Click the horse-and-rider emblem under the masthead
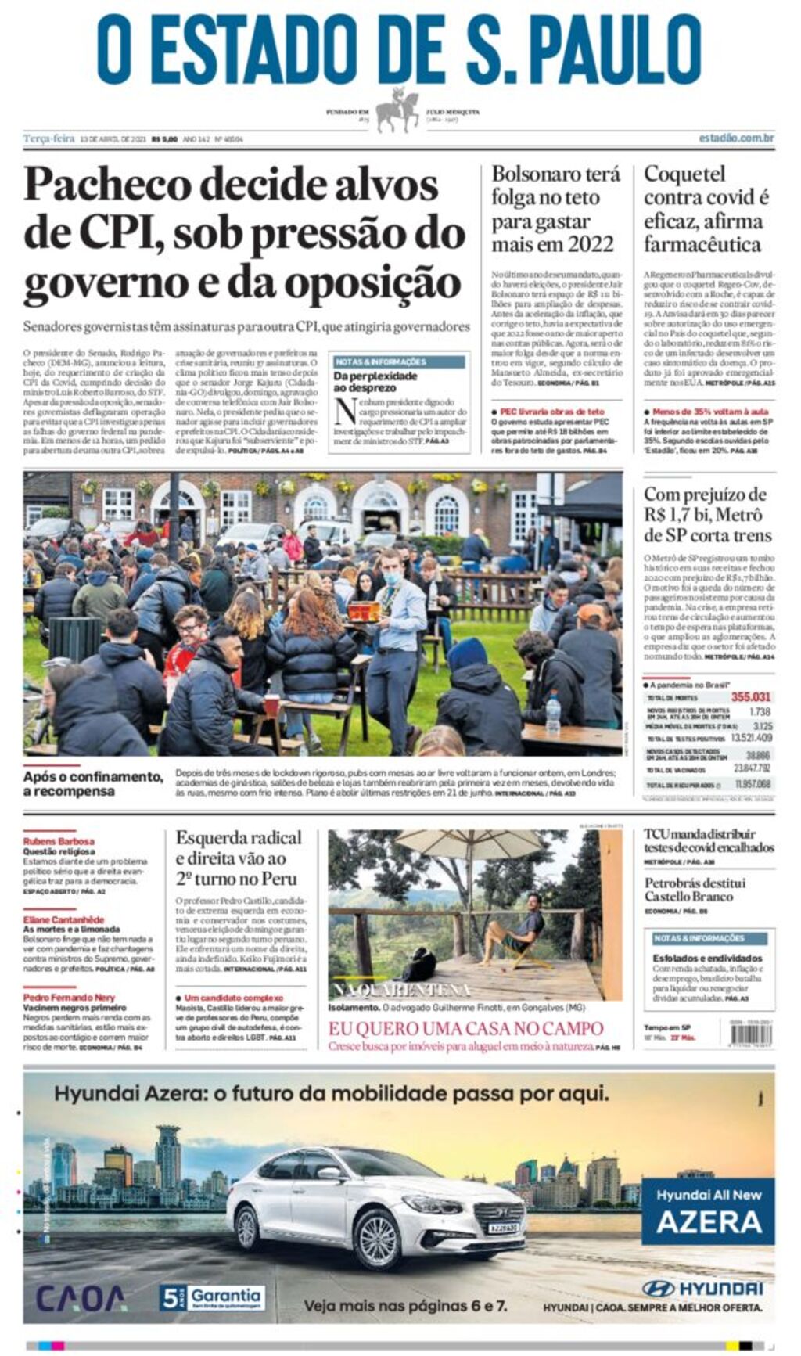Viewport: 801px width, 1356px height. click(x=399, y=110)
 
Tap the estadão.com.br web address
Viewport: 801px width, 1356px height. click(x=735, y=138)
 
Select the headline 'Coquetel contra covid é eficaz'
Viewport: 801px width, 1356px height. click(x=706, y=209)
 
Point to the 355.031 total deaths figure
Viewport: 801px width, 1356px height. click(x=750, y=696)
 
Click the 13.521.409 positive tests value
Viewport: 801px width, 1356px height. click(x=750, y=737)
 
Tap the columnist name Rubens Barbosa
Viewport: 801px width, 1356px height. click(x=59, y=841)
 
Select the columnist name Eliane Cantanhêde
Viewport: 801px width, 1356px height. click(x=63, y=919)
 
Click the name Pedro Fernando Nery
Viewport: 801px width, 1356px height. click(x=69, y=998)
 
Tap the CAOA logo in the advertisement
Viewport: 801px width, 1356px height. click(x=81, y=1298)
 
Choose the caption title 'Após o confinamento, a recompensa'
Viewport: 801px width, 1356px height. click(x=92, y=783)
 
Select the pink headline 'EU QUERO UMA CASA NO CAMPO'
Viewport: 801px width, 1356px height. click(x=465, y=1028)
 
